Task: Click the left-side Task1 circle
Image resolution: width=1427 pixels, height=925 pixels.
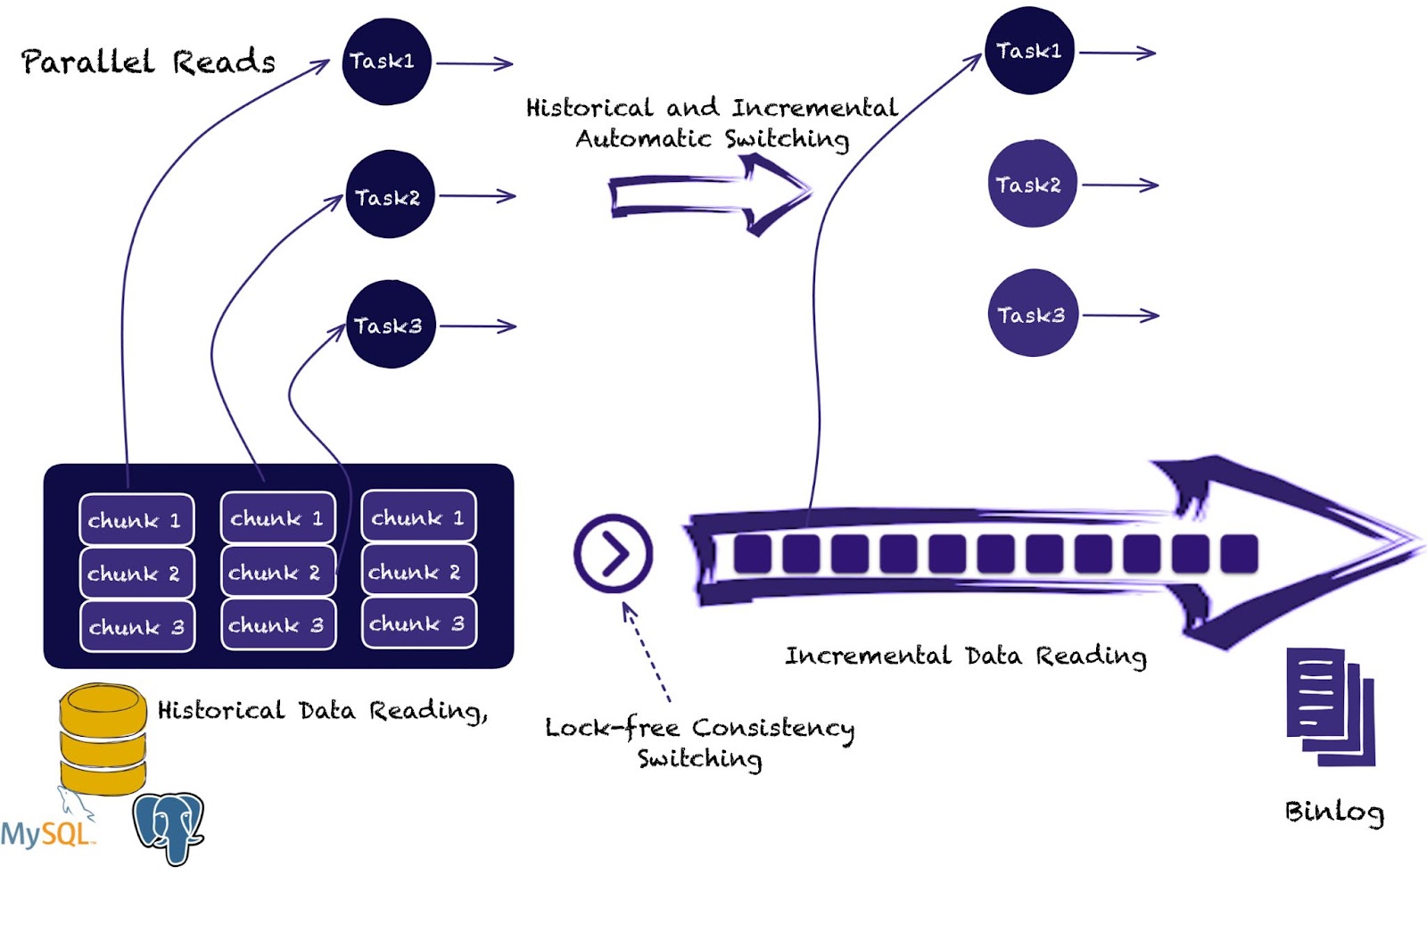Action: click(386, 62)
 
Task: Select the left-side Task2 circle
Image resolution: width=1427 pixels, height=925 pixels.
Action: click(390, 194)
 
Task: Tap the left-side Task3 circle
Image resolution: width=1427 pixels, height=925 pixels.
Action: click(390, 325)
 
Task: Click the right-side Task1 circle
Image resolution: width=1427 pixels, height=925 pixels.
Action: click(1029, 50)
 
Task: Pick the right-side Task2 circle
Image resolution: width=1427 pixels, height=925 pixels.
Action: click(1031, 184)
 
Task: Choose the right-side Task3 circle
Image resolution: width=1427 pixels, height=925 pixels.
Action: click(1032, 313)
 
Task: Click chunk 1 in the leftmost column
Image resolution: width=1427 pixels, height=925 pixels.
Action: click(136, 519)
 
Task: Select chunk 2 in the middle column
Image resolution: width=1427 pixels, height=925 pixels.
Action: click(277, 572)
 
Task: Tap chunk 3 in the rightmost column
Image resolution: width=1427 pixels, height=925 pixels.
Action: click(418, 623)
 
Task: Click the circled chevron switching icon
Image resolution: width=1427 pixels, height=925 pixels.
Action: click(613, 553)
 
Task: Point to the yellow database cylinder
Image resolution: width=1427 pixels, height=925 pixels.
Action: click(103, 739)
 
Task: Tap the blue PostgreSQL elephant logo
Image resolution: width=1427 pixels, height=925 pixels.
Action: click(169, 827)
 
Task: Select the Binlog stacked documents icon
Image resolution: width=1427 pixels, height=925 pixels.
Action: click(1329, 706)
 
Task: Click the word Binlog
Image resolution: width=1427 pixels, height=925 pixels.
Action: click(1333, 811)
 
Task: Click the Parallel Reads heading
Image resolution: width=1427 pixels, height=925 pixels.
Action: click(148, 62)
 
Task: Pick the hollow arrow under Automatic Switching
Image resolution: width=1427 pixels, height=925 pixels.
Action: click(709, 194)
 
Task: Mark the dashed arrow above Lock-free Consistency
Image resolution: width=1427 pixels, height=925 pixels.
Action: click(647, 652)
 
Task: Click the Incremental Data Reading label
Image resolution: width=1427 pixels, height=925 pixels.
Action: click(965, 656)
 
